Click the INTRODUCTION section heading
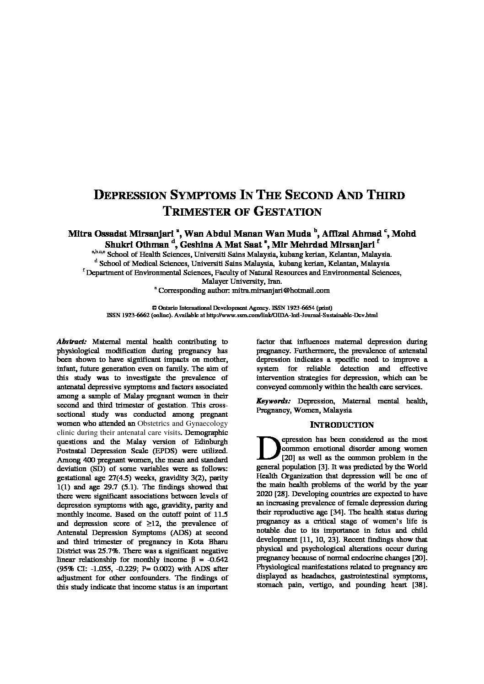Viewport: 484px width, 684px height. [342, 425]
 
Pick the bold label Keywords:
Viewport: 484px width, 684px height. [274, 401]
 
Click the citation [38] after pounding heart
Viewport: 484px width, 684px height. [419, 585]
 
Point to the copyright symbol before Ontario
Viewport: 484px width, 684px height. [154, 308]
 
